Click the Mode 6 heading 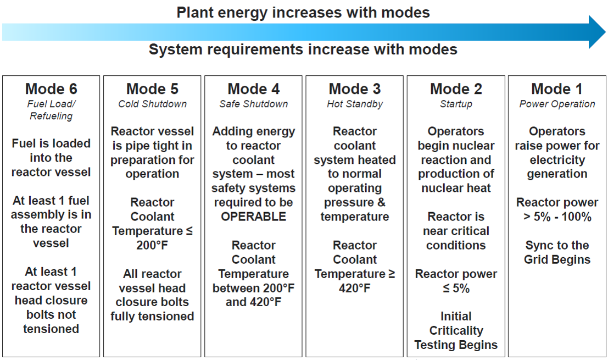click(51, 89)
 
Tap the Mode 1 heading click(557, 89)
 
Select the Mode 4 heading click(254, 89)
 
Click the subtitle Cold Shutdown click(152, 104)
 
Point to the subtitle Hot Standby click(355, 104)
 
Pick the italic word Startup click(456, 104)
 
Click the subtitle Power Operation click(557, 104)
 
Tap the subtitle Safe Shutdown click(254, 104)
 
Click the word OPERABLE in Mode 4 click(254, 217)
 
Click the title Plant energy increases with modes click(303, 13)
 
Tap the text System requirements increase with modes click(303, 49)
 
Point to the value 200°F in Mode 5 click(152, 245)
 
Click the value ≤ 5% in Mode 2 click(456, 288)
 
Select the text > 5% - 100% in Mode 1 click(557, 217)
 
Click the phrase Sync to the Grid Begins click(557, 252)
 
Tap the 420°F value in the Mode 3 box click(355, 288)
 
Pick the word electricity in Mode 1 click(557, 160)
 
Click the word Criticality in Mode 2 click(456, 330)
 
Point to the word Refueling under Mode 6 click(51, 116)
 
